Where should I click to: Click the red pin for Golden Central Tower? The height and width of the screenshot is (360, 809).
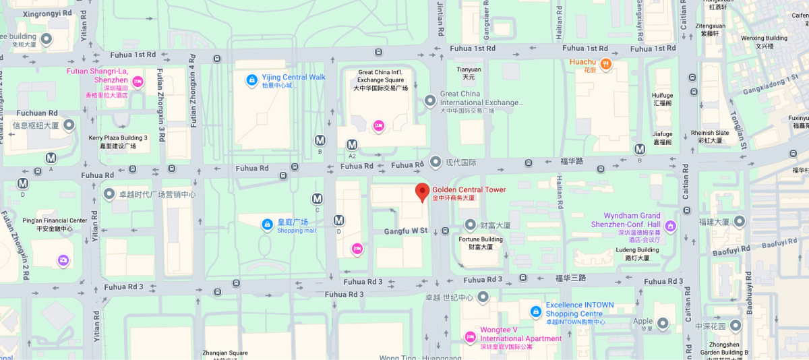[422, 191]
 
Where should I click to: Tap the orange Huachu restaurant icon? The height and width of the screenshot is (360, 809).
[605, 63]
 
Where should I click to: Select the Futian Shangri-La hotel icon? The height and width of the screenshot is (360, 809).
[138, 82]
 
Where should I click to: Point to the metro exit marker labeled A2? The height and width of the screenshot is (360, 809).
[352, 145]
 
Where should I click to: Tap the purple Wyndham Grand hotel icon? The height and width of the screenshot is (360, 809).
[670, 225]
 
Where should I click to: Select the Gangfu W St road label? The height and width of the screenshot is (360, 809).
[406, 231]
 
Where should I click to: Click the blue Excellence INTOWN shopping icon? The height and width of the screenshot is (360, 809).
[535, 311]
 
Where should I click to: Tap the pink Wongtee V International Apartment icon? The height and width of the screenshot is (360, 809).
[471, 336]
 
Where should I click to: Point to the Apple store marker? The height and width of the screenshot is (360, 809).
[663, 324]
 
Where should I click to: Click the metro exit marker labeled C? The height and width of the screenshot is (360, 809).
[318, 199]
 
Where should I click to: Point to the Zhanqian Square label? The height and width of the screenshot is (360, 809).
[225, 353]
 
